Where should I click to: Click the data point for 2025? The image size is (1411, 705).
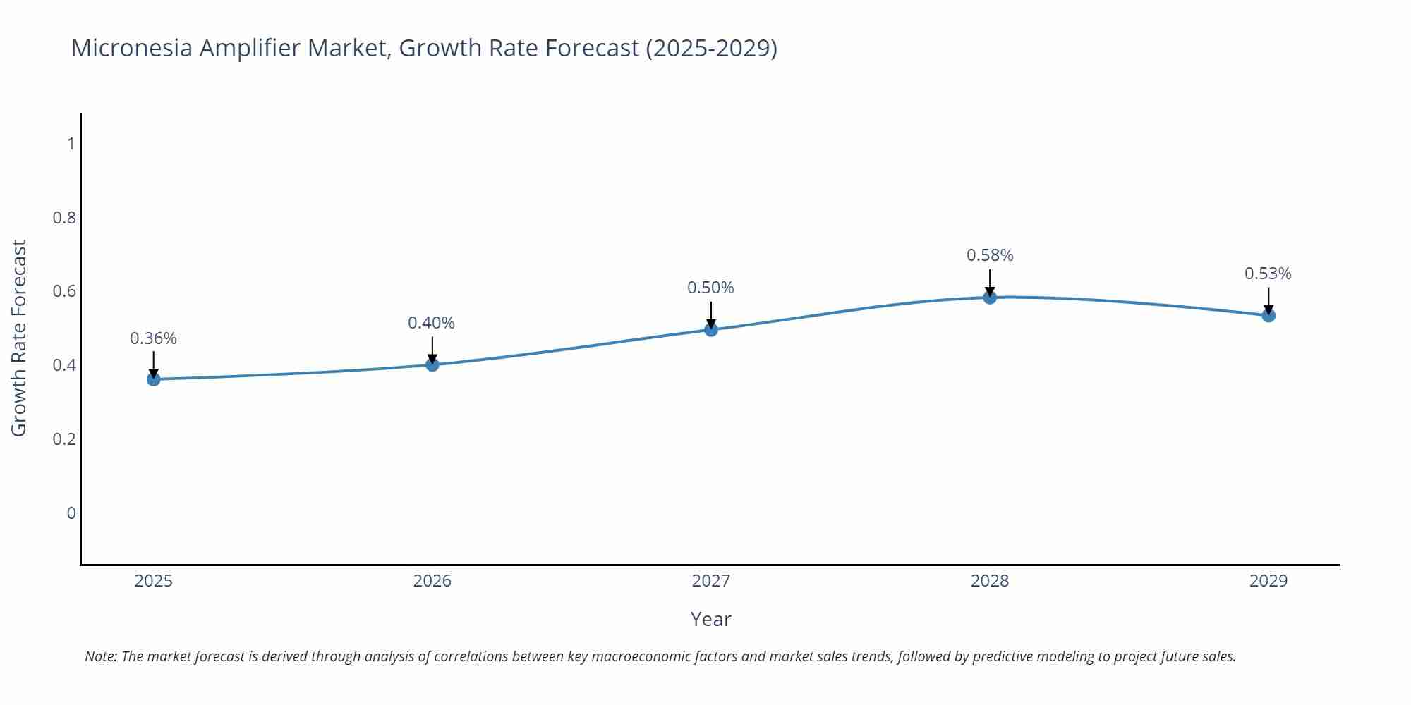(x=154, y=379)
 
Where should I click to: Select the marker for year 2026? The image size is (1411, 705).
(x=432, y=364)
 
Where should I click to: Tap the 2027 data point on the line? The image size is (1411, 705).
(x=711, y=329)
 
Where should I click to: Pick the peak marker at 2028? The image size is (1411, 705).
(x=990, y=298)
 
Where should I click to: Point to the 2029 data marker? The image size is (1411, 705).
(x=1268, y=315)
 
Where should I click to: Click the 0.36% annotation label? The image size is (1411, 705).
(x=153, y=338)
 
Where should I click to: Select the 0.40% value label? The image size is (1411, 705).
(x=431, y=323)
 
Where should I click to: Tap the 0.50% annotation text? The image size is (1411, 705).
(x=710, y=288)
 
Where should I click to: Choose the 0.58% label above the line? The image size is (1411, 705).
(x=990, y=255)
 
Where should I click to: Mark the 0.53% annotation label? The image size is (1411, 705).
(x=1268, y=274)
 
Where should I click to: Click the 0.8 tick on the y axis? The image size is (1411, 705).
(x=64, y=218)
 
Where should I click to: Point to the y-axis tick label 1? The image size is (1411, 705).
(x=71, y=144)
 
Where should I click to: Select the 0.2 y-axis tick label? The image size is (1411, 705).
(x=64, y=439)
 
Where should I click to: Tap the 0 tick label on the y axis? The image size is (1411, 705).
(x=71, y=513)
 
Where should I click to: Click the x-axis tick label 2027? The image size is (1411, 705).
(x=711, y=581)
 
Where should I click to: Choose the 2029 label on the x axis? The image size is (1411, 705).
(x=1268, y=581)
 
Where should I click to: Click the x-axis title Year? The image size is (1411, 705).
(x=710, y=619)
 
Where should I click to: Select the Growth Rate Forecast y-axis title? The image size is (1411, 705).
(x=19, y=338)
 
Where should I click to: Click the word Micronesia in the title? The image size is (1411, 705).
(x=132, y=48)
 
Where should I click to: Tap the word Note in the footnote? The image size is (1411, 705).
(x=100, y=656)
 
